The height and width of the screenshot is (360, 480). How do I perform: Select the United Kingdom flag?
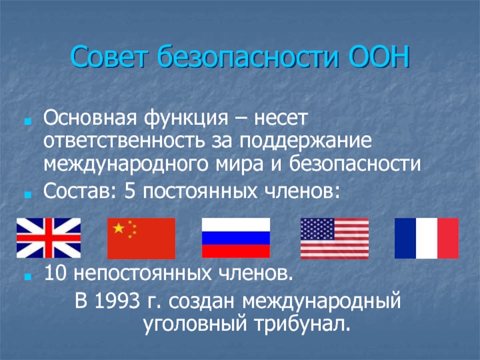(49, 238)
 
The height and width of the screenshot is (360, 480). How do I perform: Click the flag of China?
(141, 238)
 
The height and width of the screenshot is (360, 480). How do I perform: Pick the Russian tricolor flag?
(236, 238)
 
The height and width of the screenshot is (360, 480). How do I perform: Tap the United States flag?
(335, 238)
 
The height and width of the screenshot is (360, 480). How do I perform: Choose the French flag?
(427, 238)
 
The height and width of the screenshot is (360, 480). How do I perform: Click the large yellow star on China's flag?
(119, 228)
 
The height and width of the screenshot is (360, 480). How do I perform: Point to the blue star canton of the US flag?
(317, 229)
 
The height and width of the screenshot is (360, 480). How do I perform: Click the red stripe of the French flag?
(448, 238)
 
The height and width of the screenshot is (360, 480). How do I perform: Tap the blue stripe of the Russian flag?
(236, 238)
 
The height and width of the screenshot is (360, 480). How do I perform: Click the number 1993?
(116, 301)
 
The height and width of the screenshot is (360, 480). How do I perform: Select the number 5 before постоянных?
(130, 192)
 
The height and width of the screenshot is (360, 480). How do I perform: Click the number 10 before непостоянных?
(55, 273)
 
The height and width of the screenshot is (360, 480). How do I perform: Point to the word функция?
(186, 118)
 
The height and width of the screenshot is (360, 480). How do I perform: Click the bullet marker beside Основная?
(28, 122)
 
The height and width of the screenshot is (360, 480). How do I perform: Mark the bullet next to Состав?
(28, 195)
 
